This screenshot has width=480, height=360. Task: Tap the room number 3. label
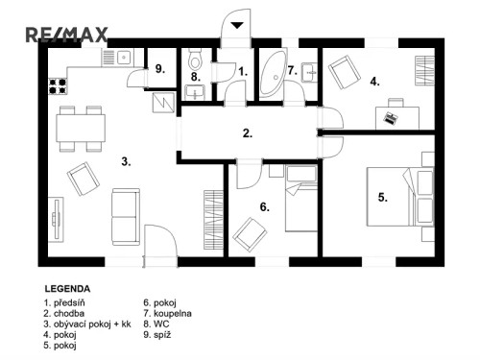point(126,161)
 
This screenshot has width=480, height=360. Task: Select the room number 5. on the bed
point(382,198)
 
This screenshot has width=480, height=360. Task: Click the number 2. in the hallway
point(248,133)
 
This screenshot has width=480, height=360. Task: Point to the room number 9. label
point(159,69)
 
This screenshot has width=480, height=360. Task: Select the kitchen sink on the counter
point(123,56)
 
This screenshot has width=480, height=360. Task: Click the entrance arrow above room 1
point(237,25)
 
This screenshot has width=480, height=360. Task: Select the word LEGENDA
point(67,288)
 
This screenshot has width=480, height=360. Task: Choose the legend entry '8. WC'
point(156,324)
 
